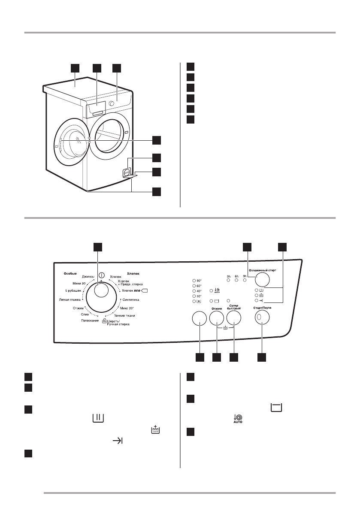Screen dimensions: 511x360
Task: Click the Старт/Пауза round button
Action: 262,318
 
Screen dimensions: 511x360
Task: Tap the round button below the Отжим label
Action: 217,318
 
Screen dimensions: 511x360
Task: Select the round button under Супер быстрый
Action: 233,318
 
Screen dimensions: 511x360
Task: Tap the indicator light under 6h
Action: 236,280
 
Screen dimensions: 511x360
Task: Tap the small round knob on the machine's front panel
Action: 112,103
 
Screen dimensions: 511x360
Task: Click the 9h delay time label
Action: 245,276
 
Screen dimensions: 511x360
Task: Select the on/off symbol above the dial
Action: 101,275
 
